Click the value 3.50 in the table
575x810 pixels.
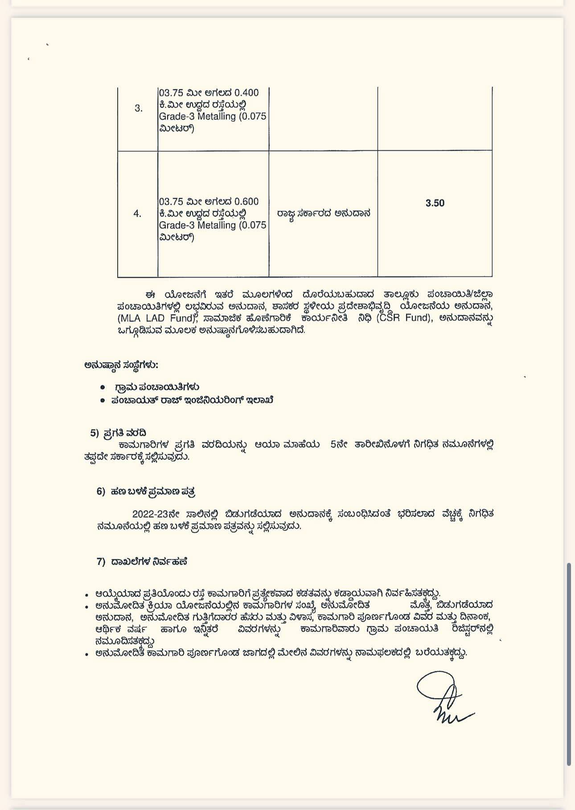tap(435, 203)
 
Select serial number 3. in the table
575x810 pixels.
tap(139, 108)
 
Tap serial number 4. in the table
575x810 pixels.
tap(137, 214)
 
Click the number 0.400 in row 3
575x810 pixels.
tap(246, 93)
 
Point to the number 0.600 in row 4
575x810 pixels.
tap(246, 201)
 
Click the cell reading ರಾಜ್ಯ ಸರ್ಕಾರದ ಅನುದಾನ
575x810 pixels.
tap(324, 213)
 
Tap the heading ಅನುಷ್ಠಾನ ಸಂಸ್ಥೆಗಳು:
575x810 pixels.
tap(121, 365)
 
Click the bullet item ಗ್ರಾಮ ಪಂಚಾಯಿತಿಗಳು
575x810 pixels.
tap(156, 387)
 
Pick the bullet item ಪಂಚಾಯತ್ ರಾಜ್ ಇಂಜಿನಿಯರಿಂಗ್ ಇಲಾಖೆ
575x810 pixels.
tap(192, 400)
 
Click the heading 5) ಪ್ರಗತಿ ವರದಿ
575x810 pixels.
tap(118, 433)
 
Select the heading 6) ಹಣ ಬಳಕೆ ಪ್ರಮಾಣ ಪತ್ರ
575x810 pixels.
tap(146, 492)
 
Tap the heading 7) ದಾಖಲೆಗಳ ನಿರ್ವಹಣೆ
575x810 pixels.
tap(142, 562)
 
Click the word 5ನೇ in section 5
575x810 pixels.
tap(339, 444)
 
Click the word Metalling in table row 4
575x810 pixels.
tap(217, 225)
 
